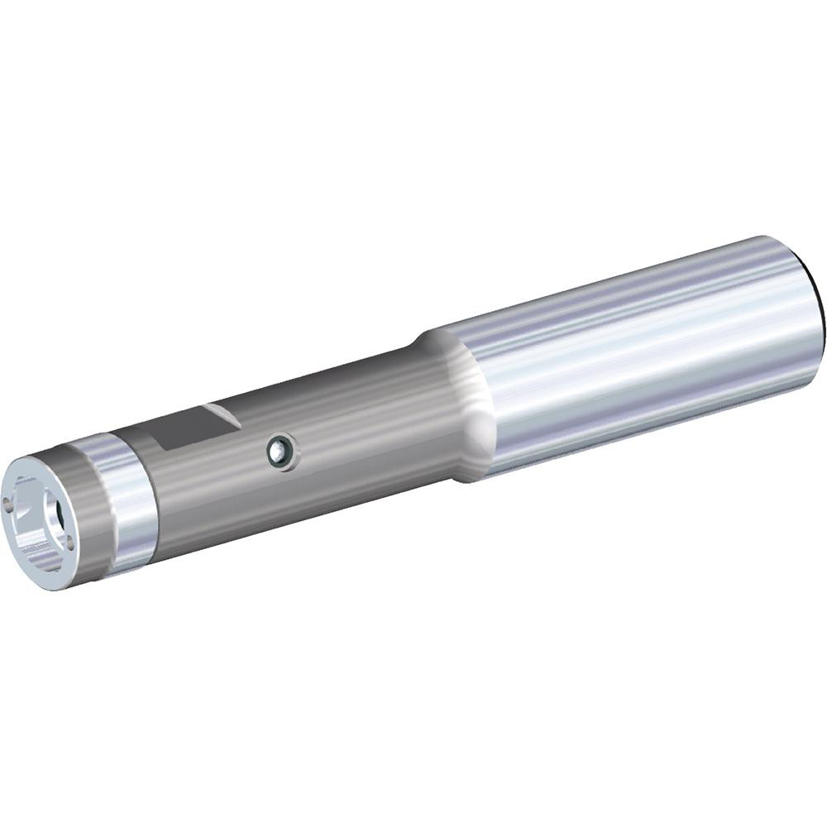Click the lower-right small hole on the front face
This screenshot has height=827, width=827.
[x=68, y=542]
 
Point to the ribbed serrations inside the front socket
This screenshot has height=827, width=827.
[x=33, y=542]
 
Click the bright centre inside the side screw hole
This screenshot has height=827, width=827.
[x=282, y=452]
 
